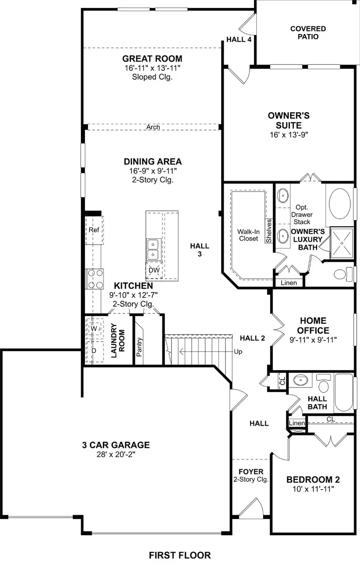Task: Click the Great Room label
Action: (x=152, y=58)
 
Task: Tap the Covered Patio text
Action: (x=308, y=32)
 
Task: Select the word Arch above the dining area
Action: (x=153, y=127)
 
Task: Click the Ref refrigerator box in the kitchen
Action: (x=94, y=230)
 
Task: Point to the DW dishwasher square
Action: (x=154, y=270)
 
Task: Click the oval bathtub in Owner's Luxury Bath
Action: (x=340, y=203)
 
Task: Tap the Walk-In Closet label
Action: (x=248, y=235)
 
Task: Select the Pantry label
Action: (x=139, y=347)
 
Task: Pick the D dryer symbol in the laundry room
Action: (x=94, y=351)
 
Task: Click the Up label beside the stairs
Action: (x=238, y=352)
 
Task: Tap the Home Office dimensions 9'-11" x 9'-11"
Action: (x=313, y=340)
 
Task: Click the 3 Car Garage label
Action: (x=116, y=445)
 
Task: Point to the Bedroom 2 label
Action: (x=313, y=479)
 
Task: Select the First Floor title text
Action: (x=180, y=555)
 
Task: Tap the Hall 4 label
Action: (x=239, y=39)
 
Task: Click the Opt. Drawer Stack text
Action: (x=302, y=215)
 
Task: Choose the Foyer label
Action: (x=251, y=472)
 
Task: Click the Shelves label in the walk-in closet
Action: (x=269, y=231)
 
